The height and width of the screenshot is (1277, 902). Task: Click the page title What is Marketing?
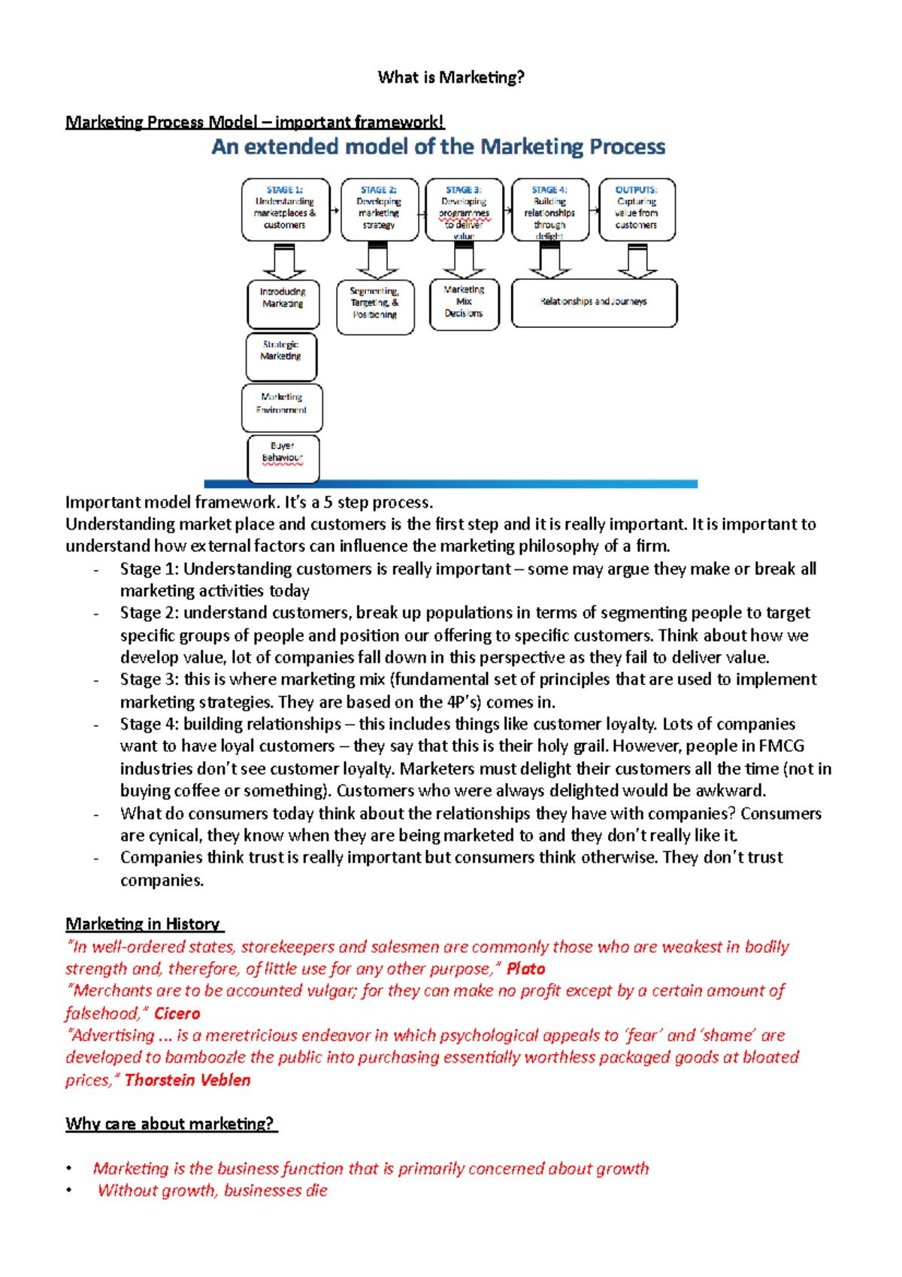(x=451, y=77)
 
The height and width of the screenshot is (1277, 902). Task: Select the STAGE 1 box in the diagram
(x=286, y=209)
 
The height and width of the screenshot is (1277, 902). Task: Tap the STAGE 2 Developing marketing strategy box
(x=380, y=209)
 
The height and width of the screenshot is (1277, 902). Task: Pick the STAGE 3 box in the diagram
(x=465, y=209)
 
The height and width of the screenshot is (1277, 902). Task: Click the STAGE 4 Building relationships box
(x=550, y=209)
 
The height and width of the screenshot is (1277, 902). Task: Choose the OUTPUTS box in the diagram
(x=637, y=209)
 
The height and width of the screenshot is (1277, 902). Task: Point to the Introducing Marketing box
(x=283, y=303)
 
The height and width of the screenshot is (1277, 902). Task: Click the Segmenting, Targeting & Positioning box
(x=375, y=307)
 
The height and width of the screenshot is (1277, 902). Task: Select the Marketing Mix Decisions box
(x=465, y=304)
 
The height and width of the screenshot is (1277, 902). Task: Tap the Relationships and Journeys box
(x=594, y=302)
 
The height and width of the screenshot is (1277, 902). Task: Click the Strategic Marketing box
(x=281, y=356)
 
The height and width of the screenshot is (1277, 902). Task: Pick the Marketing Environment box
(x=282, y=408)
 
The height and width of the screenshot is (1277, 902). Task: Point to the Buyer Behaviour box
(x=283, y=457)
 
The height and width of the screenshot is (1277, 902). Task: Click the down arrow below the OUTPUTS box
(x=637, y=261)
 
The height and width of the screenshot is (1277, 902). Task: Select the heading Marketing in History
(x=144, y=924)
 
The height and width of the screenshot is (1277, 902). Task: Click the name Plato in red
(x=525, y=969)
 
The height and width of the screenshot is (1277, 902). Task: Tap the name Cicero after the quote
(x=177, y=1013)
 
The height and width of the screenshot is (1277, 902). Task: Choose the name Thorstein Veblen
(x=188, y=1080)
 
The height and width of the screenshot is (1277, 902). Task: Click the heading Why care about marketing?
(x=171, y=1124)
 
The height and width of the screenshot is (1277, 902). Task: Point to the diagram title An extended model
(x=438, y=147)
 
